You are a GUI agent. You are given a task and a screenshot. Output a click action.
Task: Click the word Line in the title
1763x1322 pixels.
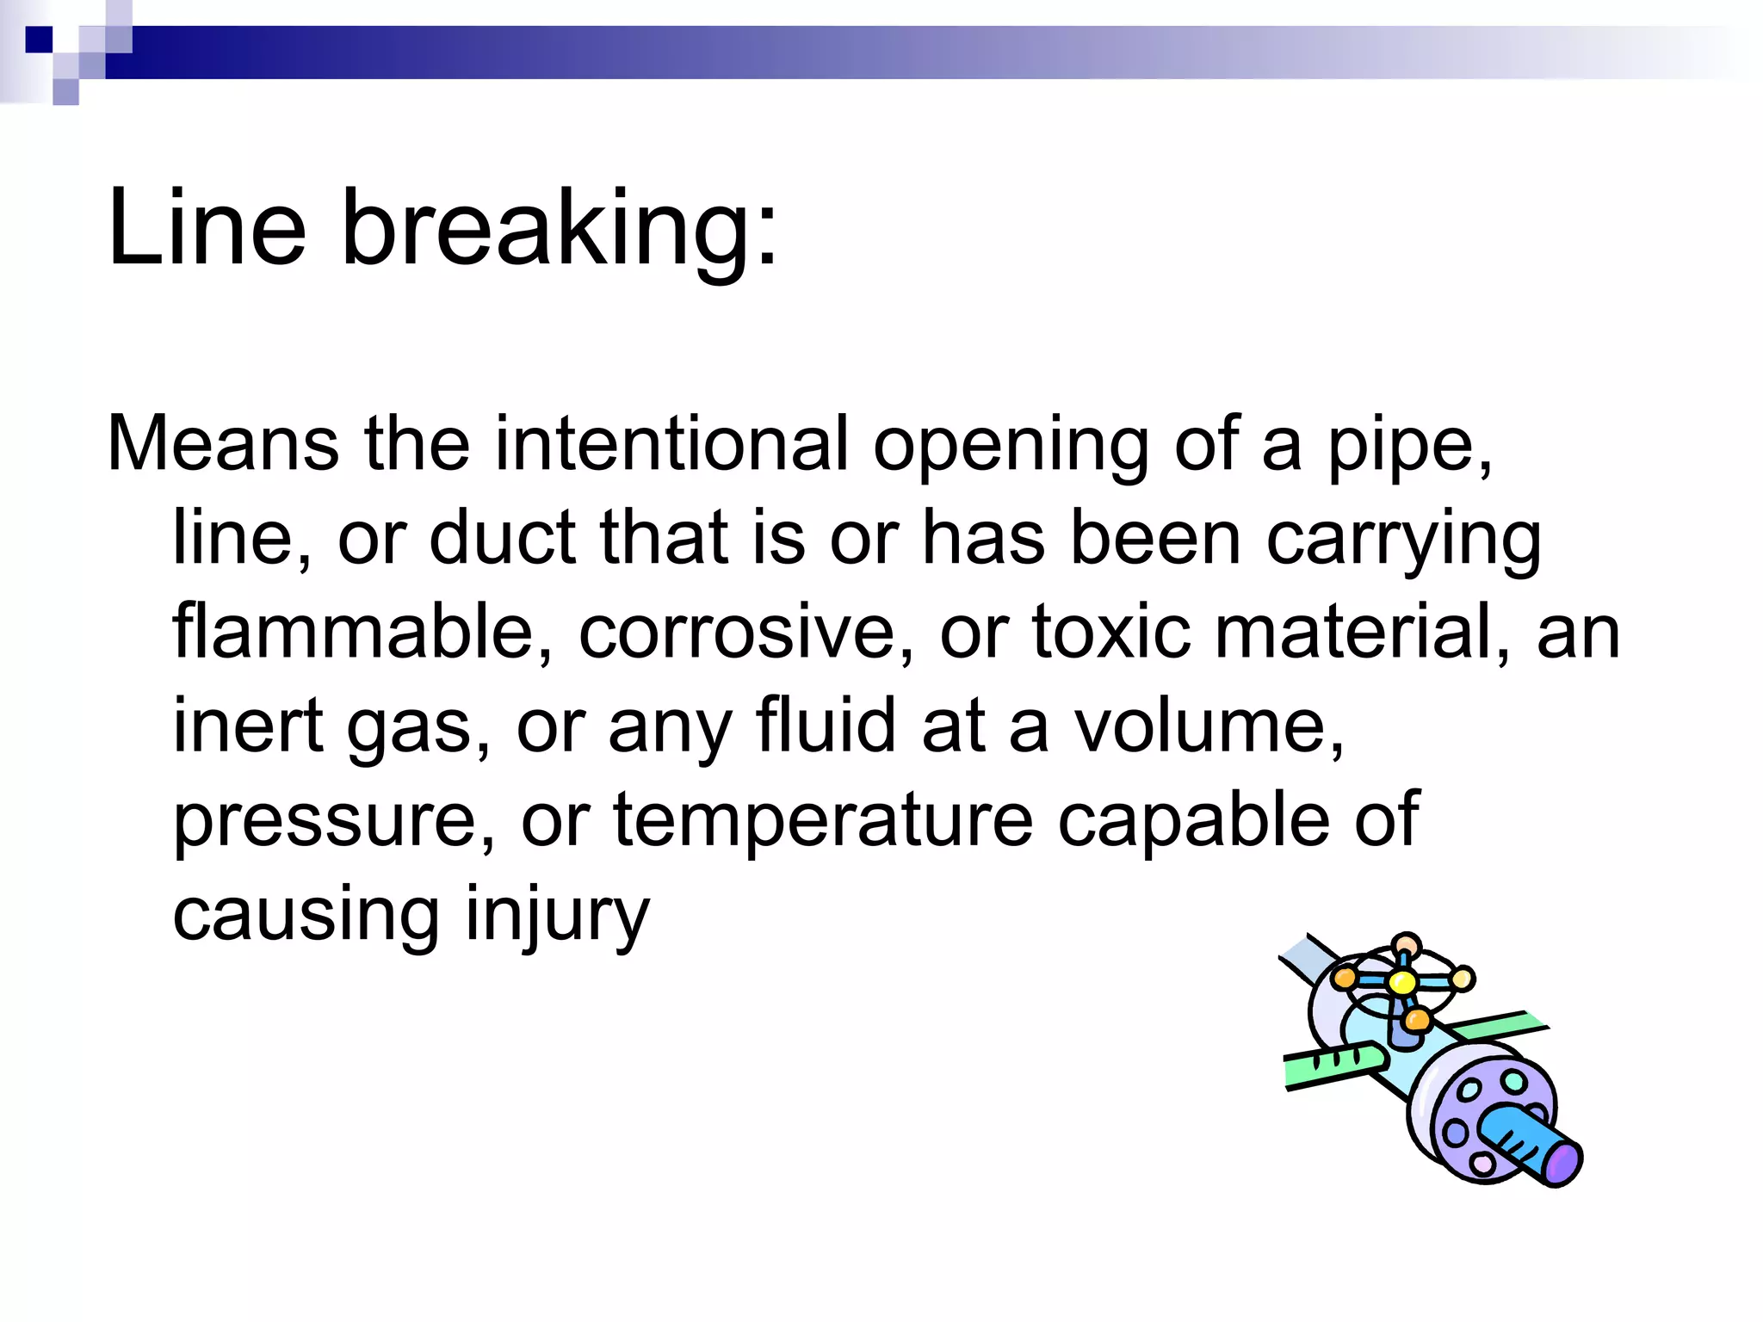click(207, 228)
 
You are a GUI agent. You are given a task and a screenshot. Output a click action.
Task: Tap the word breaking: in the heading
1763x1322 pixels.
click(560, 231)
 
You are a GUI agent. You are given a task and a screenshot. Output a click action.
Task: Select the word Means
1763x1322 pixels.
click(223, 444)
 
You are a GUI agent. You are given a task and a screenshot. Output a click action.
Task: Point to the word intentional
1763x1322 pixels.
click(671, 444)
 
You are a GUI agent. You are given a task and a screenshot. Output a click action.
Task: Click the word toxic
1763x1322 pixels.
click(1111, 633)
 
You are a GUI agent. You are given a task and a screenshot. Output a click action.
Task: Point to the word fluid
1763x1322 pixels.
click(826, 726)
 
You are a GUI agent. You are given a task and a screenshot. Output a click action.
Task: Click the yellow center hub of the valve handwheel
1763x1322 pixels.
click(1402, 982)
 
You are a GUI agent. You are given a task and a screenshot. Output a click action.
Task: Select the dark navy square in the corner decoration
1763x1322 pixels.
click(39, 40)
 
